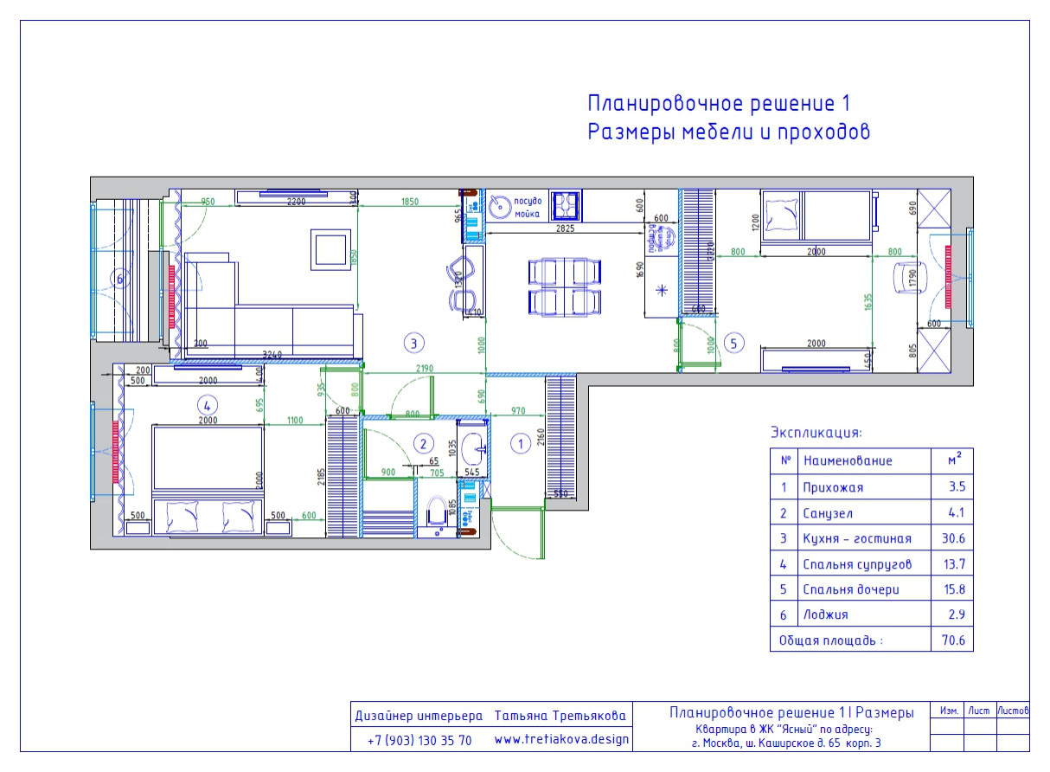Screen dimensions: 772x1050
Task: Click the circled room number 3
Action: click(414, 344)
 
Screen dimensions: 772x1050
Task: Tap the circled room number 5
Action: click(733, 344)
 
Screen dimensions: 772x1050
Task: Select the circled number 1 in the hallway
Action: click(520, 444)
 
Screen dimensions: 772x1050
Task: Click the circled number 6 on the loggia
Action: click(120, 279)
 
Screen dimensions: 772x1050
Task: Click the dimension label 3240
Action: click(272, 353)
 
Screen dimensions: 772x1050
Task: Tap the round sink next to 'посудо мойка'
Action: click(499, 207)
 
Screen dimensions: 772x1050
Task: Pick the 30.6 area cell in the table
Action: click(952, 538)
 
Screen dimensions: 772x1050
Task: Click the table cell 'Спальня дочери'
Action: click(850, 589)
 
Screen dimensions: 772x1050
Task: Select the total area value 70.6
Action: click(952, 641)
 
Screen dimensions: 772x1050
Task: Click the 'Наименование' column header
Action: click(847, 461)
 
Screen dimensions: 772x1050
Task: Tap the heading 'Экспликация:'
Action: click(816, 432)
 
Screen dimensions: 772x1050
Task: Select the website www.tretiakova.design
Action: click(561, 741)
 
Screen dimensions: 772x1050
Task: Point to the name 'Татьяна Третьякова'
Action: click(560, 717)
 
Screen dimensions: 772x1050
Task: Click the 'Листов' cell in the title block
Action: click(1012, 711)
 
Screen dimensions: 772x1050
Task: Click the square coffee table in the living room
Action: click(331, 250)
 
